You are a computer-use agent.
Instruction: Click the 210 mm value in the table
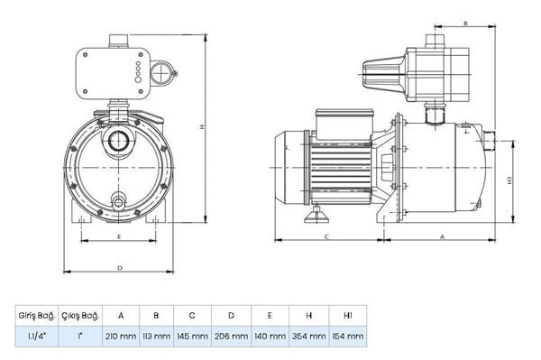pyautogui.click(x=120, y=337)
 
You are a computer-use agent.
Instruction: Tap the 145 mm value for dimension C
pyautogui.click(x=192, y=337)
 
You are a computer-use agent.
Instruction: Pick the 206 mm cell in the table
pyautogui.click(x=231, y=337)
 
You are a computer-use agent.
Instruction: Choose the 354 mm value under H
pyautogui.click(x=309, y=337)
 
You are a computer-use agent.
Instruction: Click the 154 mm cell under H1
pyautogui.click(x=348, y=337)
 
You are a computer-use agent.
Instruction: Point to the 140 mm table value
pyautogui.click(x=270, y=337)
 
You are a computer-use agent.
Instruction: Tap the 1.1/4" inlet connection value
pyautogui.click(x=37, y=337)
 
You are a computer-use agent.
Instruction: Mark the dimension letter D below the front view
pyautogui.click(x=120, y=268)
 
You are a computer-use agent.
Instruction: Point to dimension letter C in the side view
pyautogui.click(x=326, y=235)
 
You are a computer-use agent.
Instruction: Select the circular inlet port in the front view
pyautogui.click(x=119, y=141)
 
